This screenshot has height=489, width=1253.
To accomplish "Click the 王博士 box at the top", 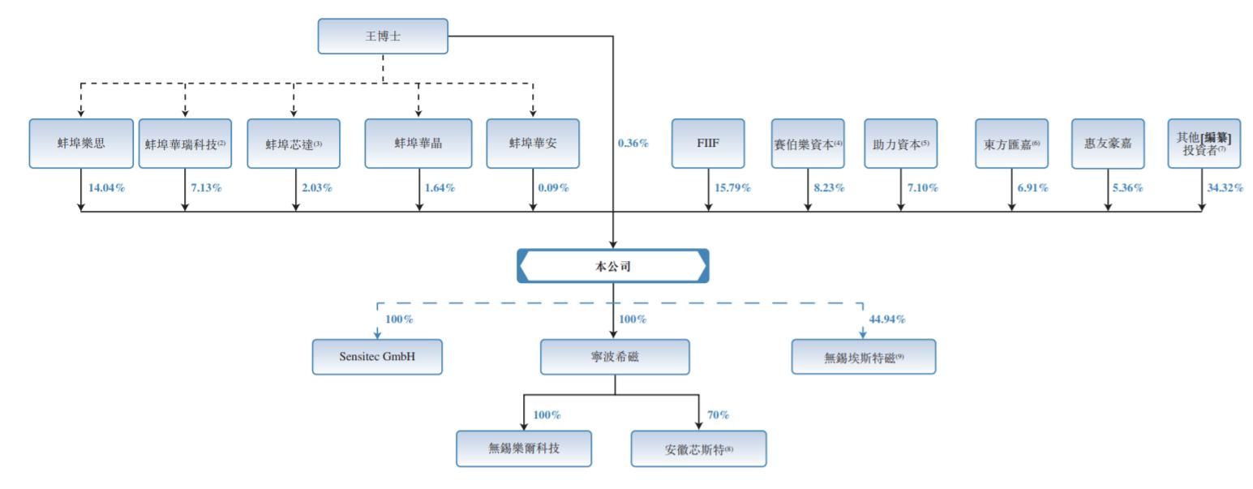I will click(382, 36).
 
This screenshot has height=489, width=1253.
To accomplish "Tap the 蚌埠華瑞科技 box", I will click(185, 144).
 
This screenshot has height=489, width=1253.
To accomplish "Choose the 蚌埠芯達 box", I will click(294, 144).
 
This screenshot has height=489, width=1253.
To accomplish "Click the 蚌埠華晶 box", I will click(418, 144).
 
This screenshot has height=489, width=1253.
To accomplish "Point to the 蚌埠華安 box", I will click(533, 144).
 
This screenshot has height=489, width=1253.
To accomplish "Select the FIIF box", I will click(708, 144).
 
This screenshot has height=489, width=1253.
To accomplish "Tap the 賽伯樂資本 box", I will click(808, 144).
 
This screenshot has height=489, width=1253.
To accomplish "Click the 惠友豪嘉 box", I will click(1108, 144).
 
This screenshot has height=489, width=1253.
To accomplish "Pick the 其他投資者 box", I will click(1204, 144).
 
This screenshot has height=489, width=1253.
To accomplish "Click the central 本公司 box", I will click(613, 266).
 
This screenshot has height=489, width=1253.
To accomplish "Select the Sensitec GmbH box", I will click(377, 357).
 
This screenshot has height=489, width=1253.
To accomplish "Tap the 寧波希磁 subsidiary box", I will click(615, 357).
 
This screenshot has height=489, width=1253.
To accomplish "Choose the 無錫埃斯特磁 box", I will click(863, 357).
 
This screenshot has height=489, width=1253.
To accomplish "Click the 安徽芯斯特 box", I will click(698, 449).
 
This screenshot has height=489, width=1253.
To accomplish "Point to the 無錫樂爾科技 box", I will click(524, 448).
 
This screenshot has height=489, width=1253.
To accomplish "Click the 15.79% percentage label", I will click(732, 188).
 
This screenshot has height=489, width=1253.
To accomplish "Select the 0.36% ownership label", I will click(633, 144).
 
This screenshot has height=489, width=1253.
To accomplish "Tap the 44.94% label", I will click(887, 320).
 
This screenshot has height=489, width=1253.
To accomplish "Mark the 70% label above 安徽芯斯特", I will click(718, 415).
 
